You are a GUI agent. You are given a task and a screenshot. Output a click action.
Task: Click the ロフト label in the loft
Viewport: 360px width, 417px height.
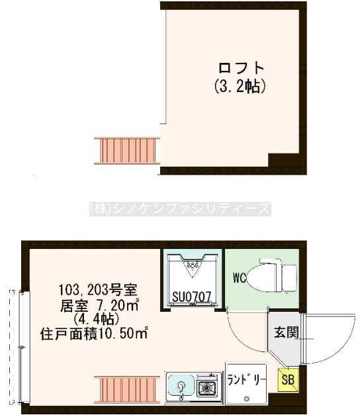pyautogui.click(x=241, y=68)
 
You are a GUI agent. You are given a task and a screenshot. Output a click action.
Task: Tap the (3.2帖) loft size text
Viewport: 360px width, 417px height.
pyautogui.click(x=240, y=86)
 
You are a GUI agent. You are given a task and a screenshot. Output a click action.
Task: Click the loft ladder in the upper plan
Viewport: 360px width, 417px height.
pyautogui.click(x=127, y=150)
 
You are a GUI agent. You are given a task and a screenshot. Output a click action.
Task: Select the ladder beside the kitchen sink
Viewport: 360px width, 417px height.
pyautogui.click(x=127, y=390)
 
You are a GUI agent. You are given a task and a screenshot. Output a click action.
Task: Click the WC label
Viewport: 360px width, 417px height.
pyautogui.click(x=240, y=278)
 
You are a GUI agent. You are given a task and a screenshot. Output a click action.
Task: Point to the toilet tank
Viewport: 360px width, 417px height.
pyautogui.click(x=289, y=278)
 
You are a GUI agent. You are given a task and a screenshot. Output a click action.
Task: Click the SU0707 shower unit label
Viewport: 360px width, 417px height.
pyautogui.click(x=192, y=297)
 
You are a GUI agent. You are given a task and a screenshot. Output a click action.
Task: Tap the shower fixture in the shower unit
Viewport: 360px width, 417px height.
pyautogui.click(x=192, y=266)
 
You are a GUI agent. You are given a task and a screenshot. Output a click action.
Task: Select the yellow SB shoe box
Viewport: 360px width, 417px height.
pyautogui.click(x=288, y=380)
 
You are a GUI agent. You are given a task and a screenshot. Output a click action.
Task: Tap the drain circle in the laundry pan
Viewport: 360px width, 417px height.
pyautogui.click(x=247, y=398)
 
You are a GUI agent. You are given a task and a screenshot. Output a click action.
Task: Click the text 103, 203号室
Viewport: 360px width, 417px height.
pyautogui.click(x=98, y=290)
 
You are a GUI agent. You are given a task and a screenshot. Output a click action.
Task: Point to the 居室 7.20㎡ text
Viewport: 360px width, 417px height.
pyautogui.click(x=99, y=305)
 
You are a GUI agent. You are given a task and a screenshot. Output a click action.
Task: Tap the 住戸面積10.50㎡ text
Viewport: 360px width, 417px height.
pyautogui.click(x=94, y=334)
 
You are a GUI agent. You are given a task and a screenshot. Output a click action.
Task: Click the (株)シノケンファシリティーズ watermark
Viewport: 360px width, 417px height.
pyautogui.click(x=180, y=208)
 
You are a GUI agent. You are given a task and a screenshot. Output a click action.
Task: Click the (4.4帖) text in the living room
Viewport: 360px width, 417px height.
pyautogui.click(x=96, y=320)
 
